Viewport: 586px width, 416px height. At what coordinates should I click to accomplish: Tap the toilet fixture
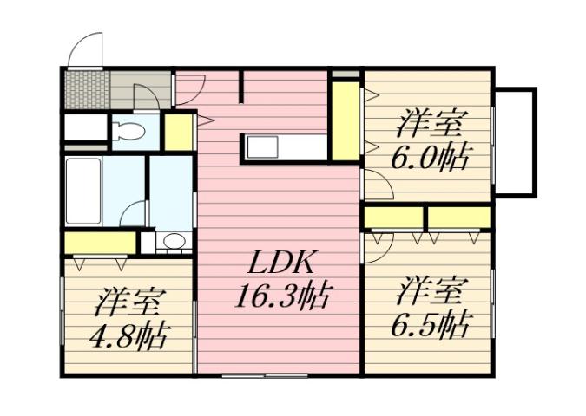tap(130, 133)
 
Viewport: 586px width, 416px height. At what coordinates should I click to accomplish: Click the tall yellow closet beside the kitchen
tap(345, 120)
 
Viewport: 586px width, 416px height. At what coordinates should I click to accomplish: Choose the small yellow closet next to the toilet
tap(179, 132)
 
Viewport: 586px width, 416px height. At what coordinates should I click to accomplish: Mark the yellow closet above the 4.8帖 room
tap(98, 243)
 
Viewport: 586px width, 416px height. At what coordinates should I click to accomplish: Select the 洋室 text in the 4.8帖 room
tap(130, 302)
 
